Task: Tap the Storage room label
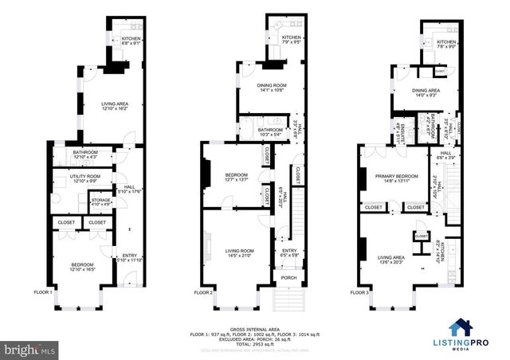100,201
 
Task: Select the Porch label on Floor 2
284,279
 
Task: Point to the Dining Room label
273,85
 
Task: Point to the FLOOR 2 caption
204,292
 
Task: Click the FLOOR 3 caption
360,292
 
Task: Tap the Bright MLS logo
30,349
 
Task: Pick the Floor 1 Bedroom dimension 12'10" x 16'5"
82,269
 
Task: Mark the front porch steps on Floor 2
284,299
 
